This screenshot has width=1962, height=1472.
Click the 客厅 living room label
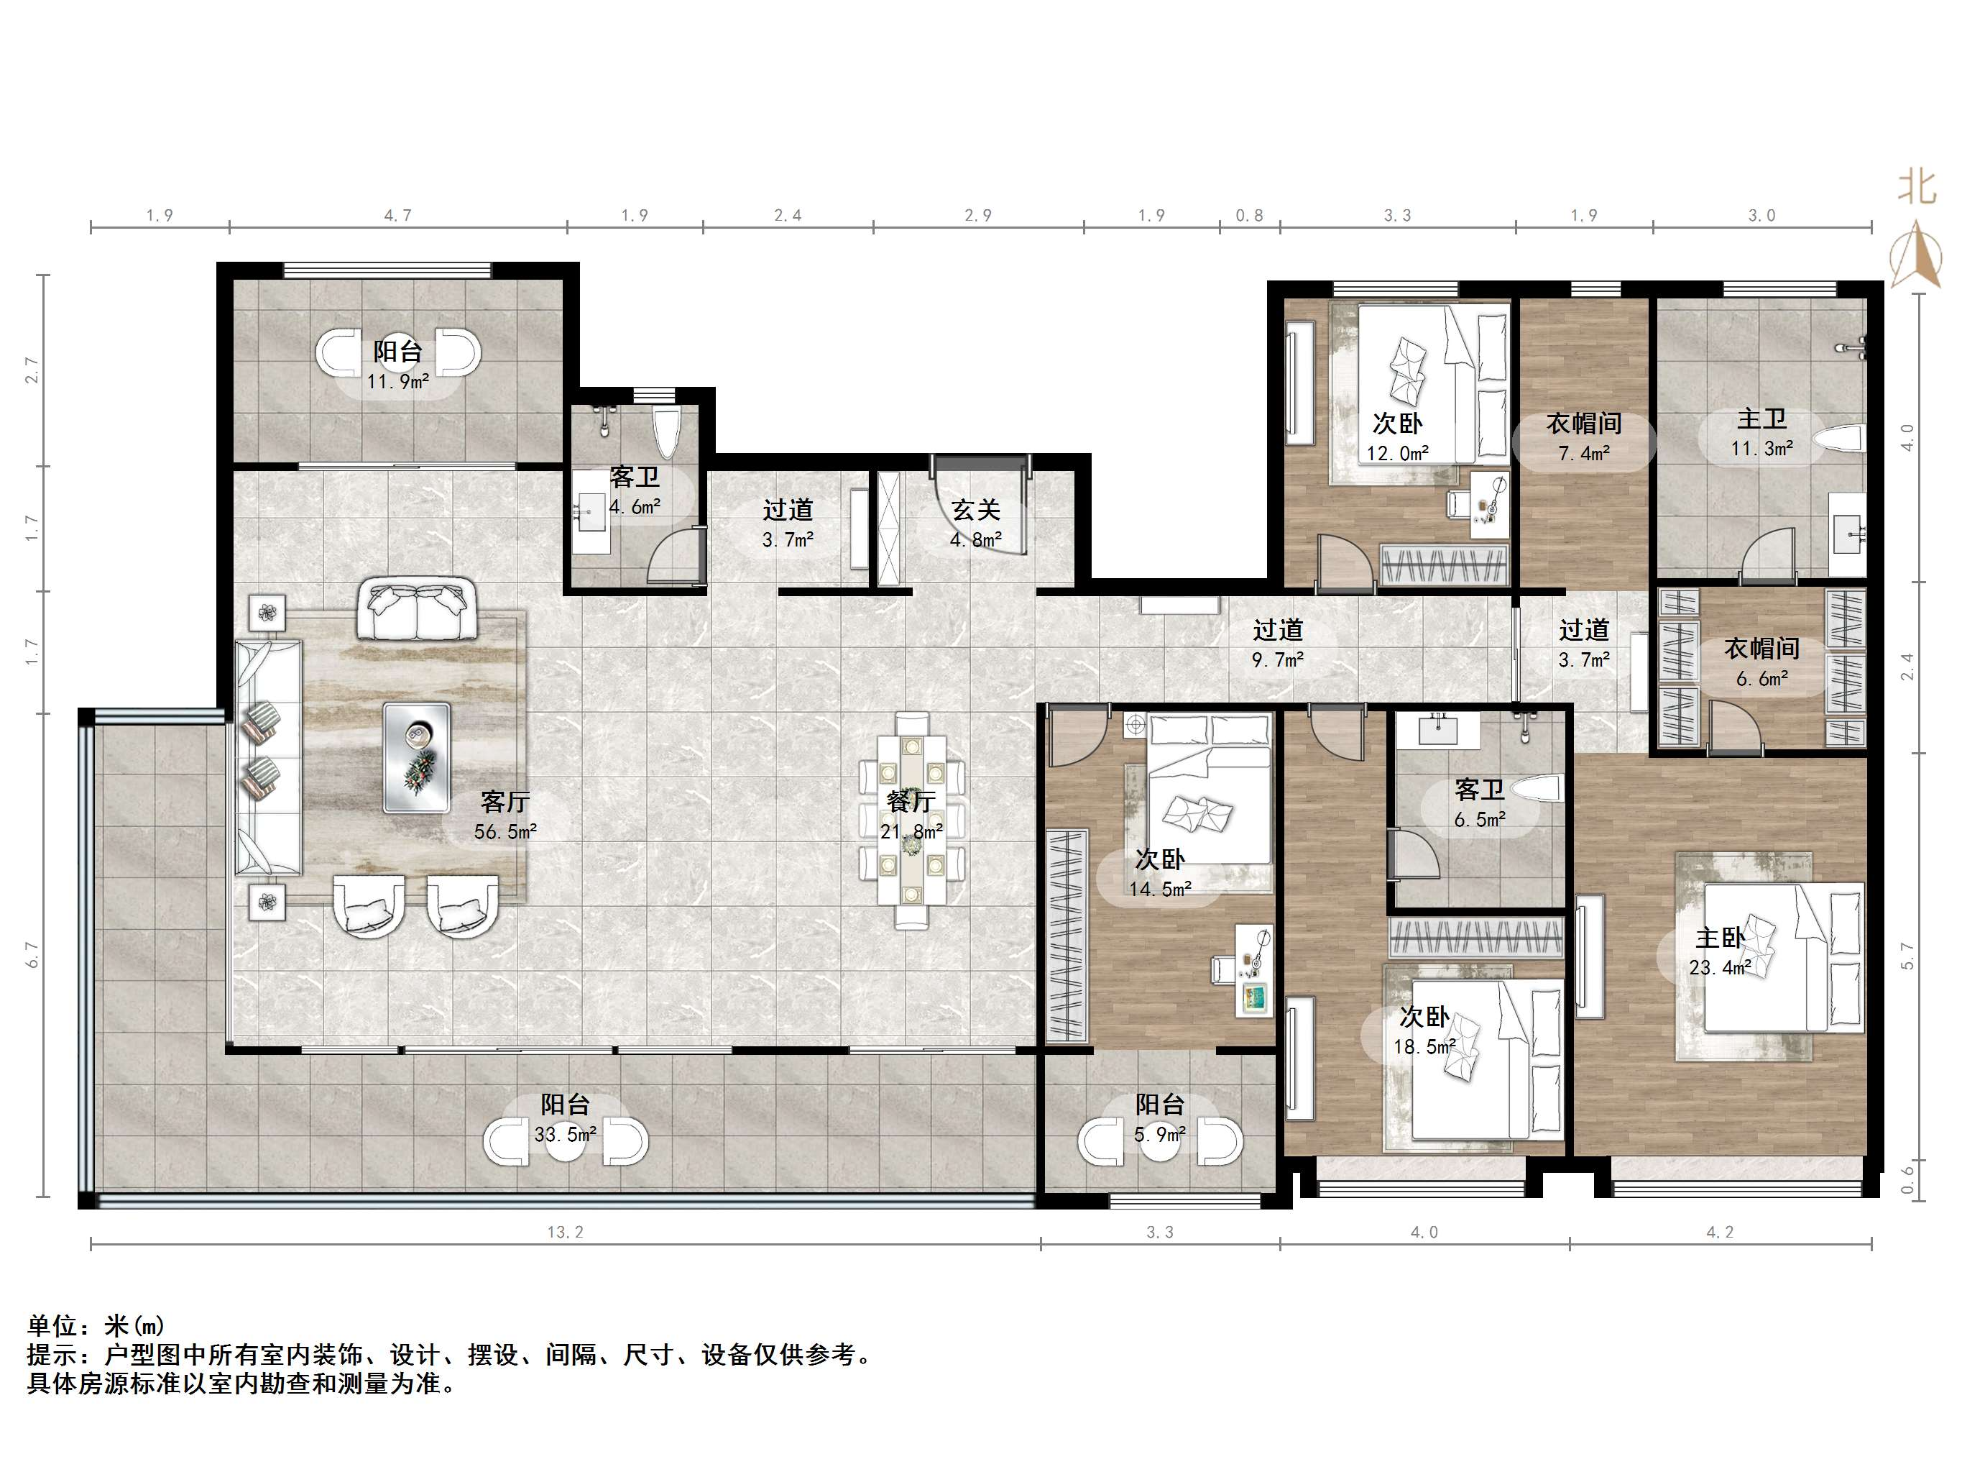click(505, 801)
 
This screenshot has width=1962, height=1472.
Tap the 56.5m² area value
click(505, 831)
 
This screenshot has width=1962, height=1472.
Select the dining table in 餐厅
click(911, 819)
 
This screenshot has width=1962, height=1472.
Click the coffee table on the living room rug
click(416, 756)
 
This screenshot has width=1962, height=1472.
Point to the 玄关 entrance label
click(976, 509)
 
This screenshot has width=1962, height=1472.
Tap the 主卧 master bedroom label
click(1720, 937)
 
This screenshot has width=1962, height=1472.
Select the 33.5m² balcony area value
click(565, 1134)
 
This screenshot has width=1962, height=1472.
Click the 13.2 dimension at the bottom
click(565, 1232)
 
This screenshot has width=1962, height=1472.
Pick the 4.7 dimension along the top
click(397, 215)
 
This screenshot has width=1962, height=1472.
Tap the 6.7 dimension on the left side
click(33, 955)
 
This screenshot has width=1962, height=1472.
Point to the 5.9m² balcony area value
click(1159, 1134)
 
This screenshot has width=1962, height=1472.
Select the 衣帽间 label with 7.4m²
click(1584, 424)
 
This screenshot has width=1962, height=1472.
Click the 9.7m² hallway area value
click(1277, 659)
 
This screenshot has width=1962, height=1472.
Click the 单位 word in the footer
click(52, 1325)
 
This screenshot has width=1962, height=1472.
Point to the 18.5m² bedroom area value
click(1424, 1046)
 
